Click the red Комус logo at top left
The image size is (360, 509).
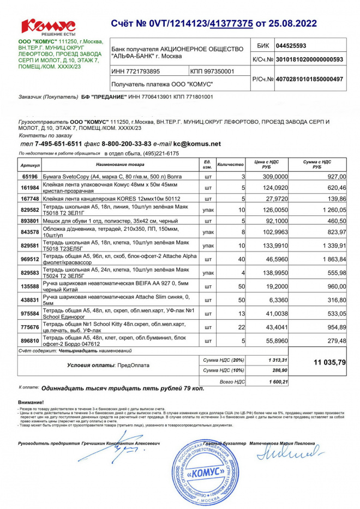[x=48, y=26]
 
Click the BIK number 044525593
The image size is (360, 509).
[x=291, y=46]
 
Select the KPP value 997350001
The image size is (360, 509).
[x=212, y=71]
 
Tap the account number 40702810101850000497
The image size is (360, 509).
[x=309, y=79]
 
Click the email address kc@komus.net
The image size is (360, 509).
[x=197, y=143]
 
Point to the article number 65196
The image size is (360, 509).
[x=30, y=177]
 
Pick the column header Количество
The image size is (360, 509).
[x=230, y=164]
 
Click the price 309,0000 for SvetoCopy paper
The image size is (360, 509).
[x=275, y=177]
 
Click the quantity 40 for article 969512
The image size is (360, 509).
[x=240, y=259]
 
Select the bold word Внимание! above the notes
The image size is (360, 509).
[x=31, y=402]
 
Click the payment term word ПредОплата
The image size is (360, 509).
[x=134, y=364]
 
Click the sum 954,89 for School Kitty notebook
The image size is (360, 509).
[x=335, y=327]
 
